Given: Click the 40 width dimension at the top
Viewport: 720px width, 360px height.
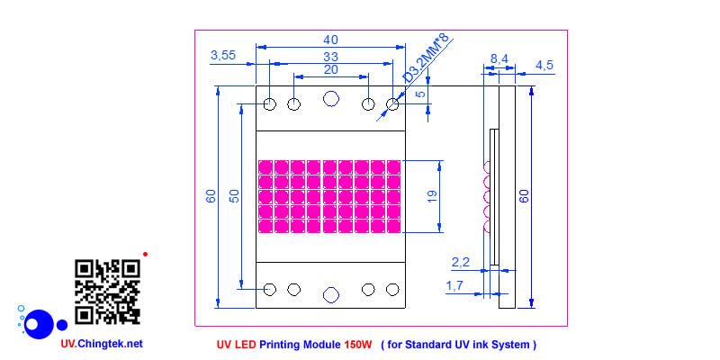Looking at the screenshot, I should pos(330,40).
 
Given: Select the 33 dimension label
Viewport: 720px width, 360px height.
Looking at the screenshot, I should pos(330,56).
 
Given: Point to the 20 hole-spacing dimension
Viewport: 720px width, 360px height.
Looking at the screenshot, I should pos(330,69).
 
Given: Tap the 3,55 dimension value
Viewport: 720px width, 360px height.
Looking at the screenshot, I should pos(222,56).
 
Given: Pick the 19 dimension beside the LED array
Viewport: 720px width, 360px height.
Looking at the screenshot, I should pos(432,196).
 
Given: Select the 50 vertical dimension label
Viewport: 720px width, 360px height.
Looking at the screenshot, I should pos(234,196).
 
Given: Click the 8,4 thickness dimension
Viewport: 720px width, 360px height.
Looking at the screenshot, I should pos(499,58).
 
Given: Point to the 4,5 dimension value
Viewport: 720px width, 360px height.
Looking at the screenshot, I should pos(545,65).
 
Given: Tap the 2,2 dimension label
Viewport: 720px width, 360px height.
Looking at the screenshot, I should pos(460,263).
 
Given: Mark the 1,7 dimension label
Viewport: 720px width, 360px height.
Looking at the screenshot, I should pos(456,285).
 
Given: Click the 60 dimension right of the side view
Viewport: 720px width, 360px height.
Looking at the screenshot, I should pos(525,196).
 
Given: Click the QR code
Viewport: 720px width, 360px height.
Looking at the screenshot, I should pos(107,292).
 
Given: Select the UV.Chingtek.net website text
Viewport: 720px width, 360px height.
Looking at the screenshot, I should pos(102,344).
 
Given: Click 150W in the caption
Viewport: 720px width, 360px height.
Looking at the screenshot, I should pos(357,345).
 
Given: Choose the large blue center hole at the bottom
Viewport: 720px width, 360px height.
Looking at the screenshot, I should pos(330,294).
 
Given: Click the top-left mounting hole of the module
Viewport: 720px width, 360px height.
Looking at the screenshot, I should pos(270,105).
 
